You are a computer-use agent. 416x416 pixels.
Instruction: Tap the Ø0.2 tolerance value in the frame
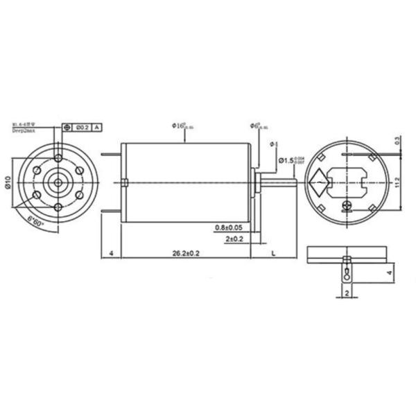coord(81,128)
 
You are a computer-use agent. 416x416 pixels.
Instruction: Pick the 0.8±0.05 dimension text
coord(229,227)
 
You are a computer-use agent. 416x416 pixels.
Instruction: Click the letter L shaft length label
coord(273,254)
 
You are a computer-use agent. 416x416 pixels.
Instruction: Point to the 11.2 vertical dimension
coord(396,182)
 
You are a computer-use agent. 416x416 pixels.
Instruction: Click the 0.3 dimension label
coord(396,141)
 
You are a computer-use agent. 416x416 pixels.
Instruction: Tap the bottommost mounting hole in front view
coord(57,208)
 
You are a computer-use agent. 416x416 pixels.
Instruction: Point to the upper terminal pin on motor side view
coord(112,155)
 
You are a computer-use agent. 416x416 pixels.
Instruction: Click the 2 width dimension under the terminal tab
coord(346,293)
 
